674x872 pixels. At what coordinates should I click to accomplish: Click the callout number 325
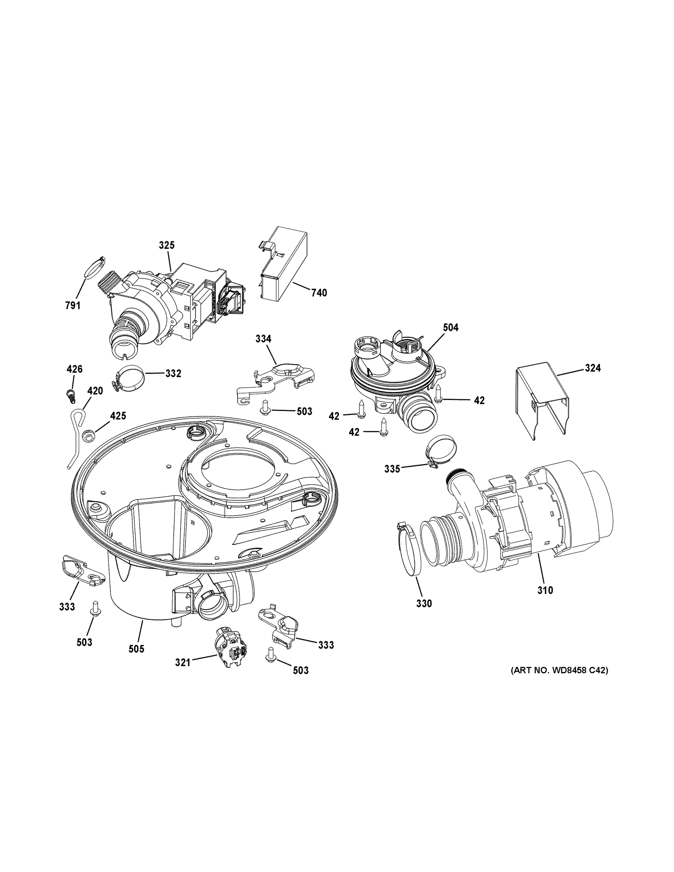click(166, 245)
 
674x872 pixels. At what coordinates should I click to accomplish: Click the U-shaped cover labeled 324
click(540, 399)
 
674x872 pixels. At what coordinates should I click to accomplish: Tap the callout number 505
click(136, 649)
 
